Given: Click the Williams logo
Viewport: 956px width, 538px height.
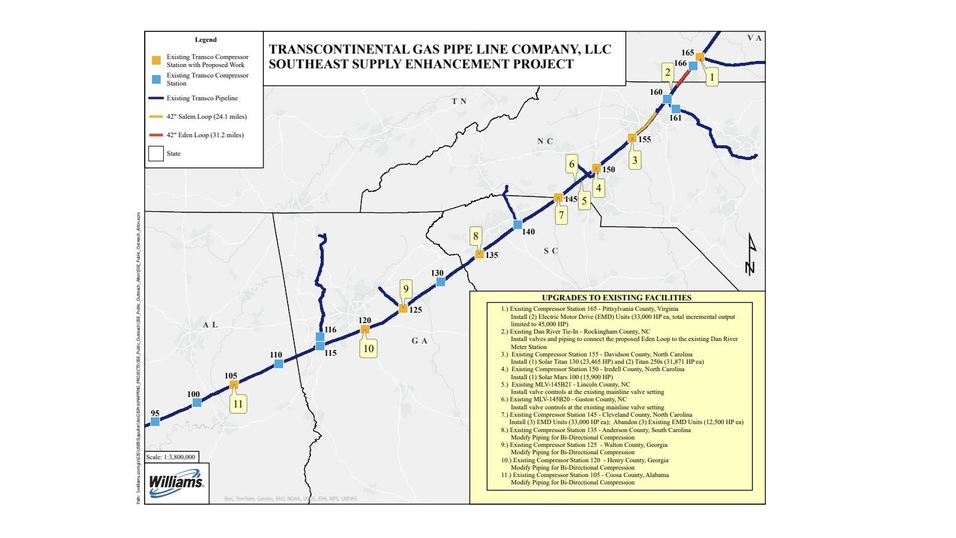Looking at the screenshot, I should pos(176,481).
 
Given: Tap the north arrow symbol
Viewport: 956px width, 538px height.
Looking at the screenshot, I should pos(750,253).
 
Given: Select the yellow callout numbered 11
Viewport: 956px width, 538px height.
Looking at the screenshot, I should pos(238,404).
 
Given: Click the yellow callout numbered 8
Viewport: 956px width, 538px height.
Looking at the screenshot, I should pos(475,236).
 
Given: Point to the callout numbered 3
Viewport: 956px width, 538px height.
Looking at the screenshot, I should pos(635,160).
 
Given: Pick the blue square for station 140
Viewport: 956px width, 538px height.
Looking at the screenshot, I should pos(518,225).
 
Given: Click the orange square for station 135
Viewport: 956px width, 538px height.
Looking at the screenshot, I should pos(480,254).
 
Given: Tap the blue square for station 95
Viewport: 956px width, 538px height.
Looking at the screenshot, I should pos(155,422).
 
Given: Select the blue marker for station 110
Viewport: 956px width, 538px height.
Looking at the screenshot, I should pos(279,364).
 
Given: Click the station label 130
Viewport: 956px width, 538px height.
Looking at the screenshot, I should pos(437,273).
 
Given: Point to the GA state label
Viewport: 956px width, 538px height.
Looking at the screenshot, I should pos(419,340).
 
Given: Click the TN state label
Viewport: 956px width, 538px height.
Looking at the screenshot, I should pos(459,101).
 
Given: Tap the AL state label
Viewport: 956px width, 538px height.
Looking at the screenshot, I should pos(210,324).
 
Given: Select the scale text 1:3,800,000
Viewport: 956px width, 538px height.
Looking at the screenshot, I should pos(172,457).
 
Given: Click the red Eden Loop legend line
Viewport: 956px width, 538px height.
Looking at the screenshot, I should pos(156,135).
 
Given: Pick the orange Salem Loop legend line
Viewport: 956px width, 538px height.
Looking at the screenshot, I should pos(156,116).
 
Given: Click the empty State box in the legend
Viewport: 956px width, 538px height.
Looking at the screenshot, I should pos(156,153).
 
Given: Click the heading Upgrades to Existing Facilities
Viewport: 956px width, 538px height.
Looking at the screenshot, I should pos(616,297).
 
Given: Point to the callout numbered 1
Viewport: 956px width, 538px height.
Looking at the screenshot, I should pos(712,77).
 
